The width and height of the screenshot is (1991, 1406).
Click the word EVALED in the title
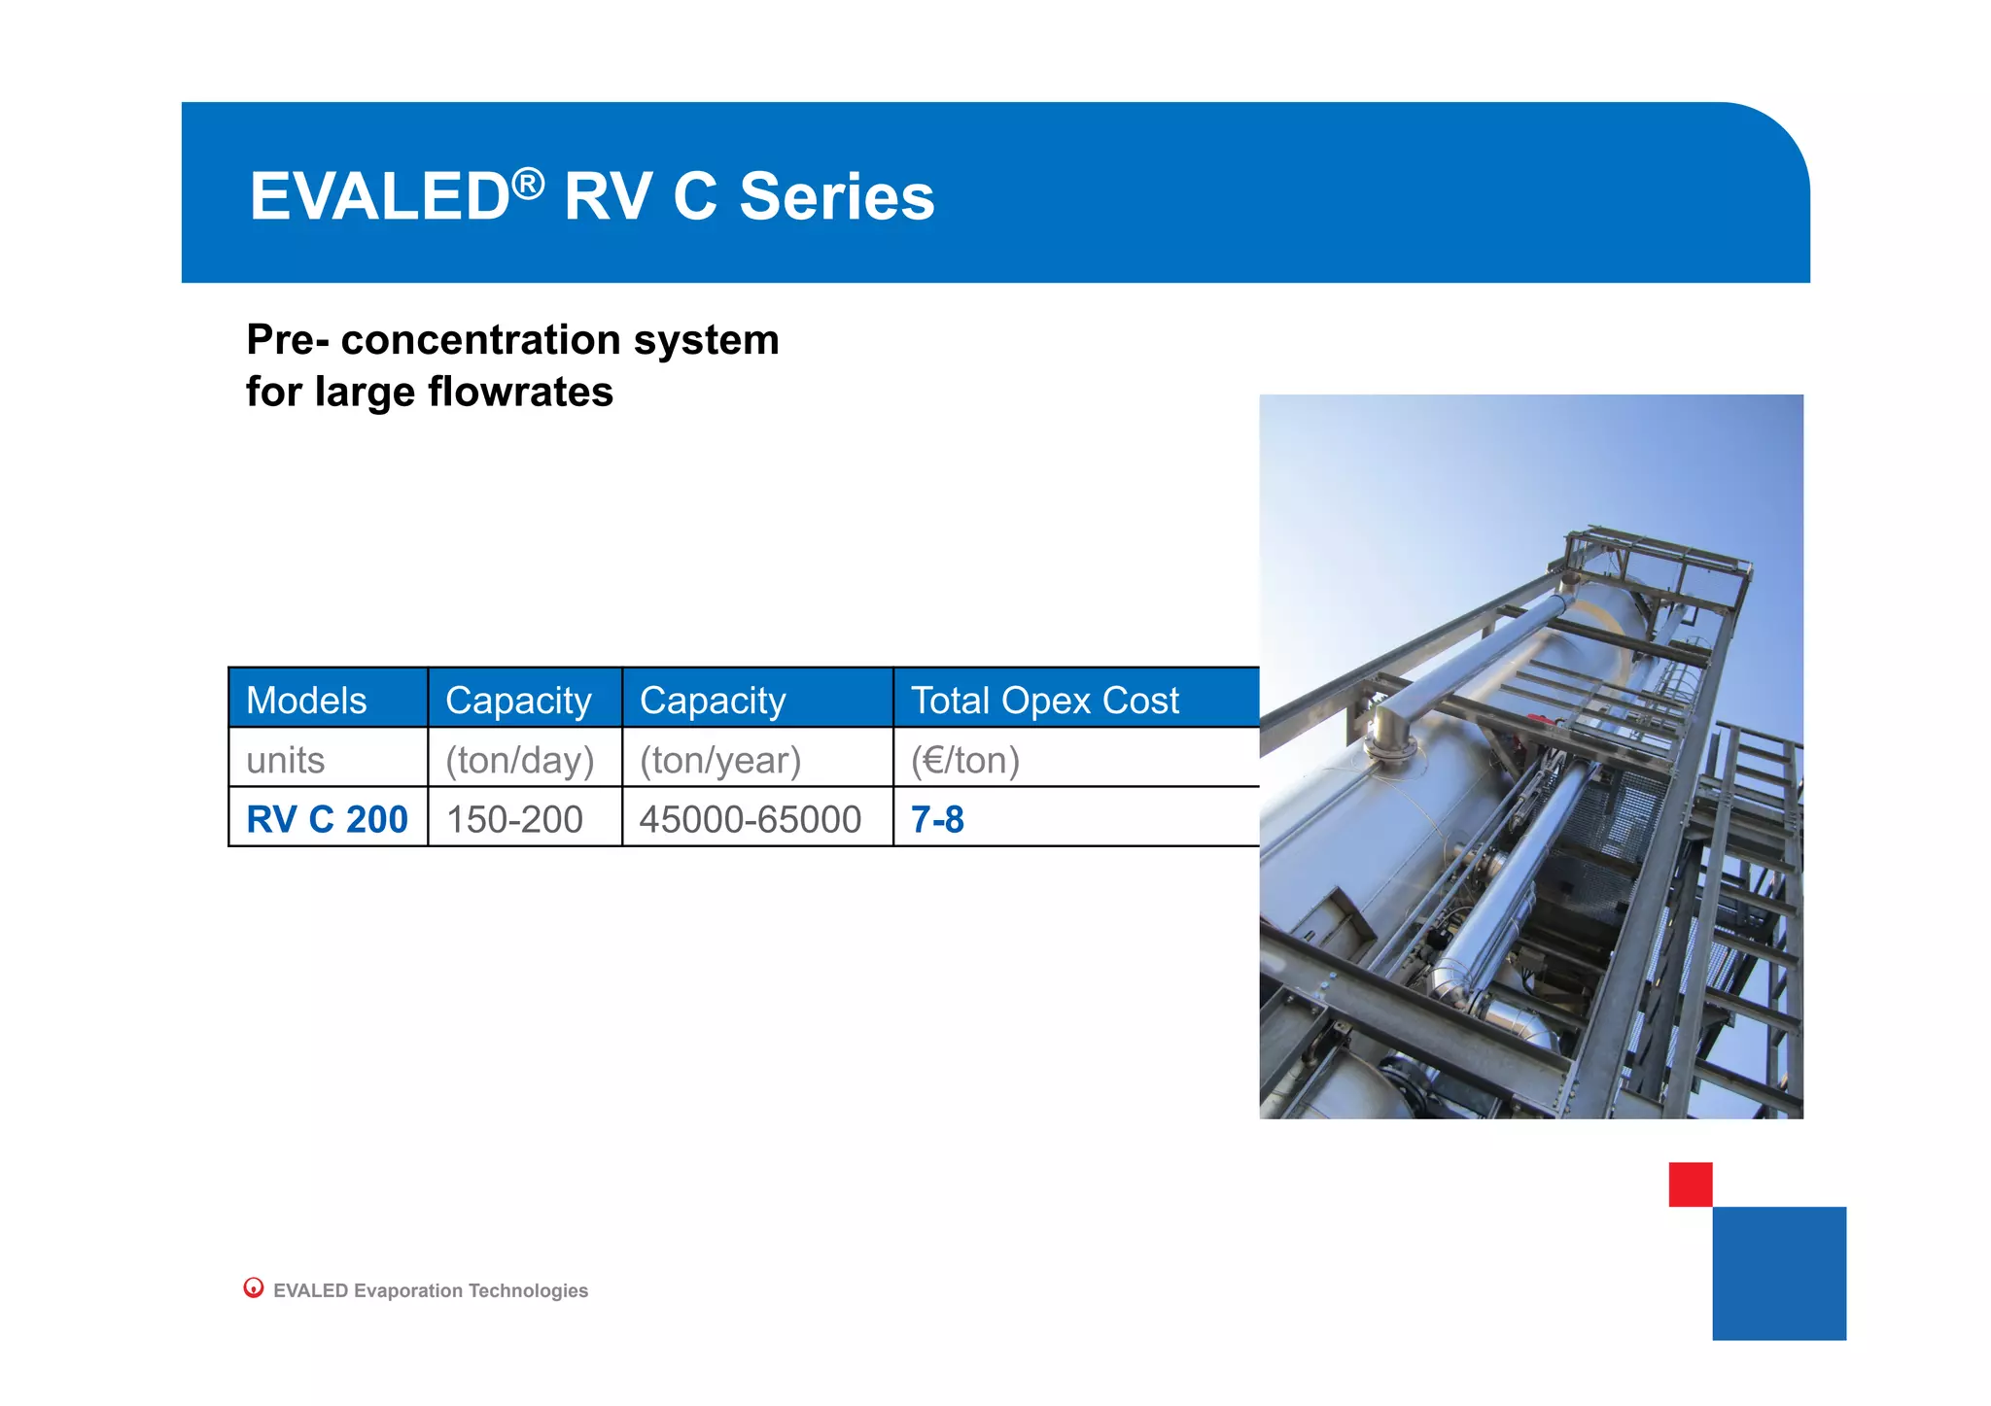point(379,197)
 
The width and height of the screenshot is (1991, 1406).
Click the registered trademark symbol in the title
point(528,183)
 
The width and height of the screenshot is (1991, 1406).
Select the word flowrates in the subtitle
point(520,393)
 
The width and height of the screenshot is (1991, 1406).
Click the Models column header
point(306,701)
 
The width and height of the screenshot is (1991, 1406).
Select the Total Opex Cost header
point(1044,701)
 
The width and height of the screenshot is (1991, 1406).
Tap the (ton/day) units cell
point(519,760)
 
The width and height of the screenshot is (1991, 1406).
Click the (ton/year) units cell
point(719,760)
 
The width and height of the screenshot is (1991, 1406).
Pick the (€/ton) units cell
point(964,760)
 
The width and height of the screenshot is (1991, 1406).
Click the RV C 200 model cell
point(327,819)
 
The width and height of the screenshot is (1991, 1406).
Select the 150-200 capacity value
point(514,819)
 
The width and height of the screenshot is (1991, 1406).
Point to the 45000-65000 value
point(750,819)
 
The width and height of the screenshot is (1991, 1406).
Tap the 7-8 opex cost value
point(937,819)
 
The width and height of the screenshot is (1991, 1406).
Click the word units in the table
point(285,760)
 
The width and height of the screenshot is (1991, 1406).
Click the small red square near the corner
point(1690,1183)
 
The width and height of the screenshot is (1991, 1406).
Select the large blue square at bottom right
point(1778,1273)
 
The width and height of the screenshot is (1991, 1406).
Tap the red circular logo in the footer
point(254,1287)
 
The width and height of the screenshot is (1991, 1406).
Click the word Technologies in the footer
point(528,1290)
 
